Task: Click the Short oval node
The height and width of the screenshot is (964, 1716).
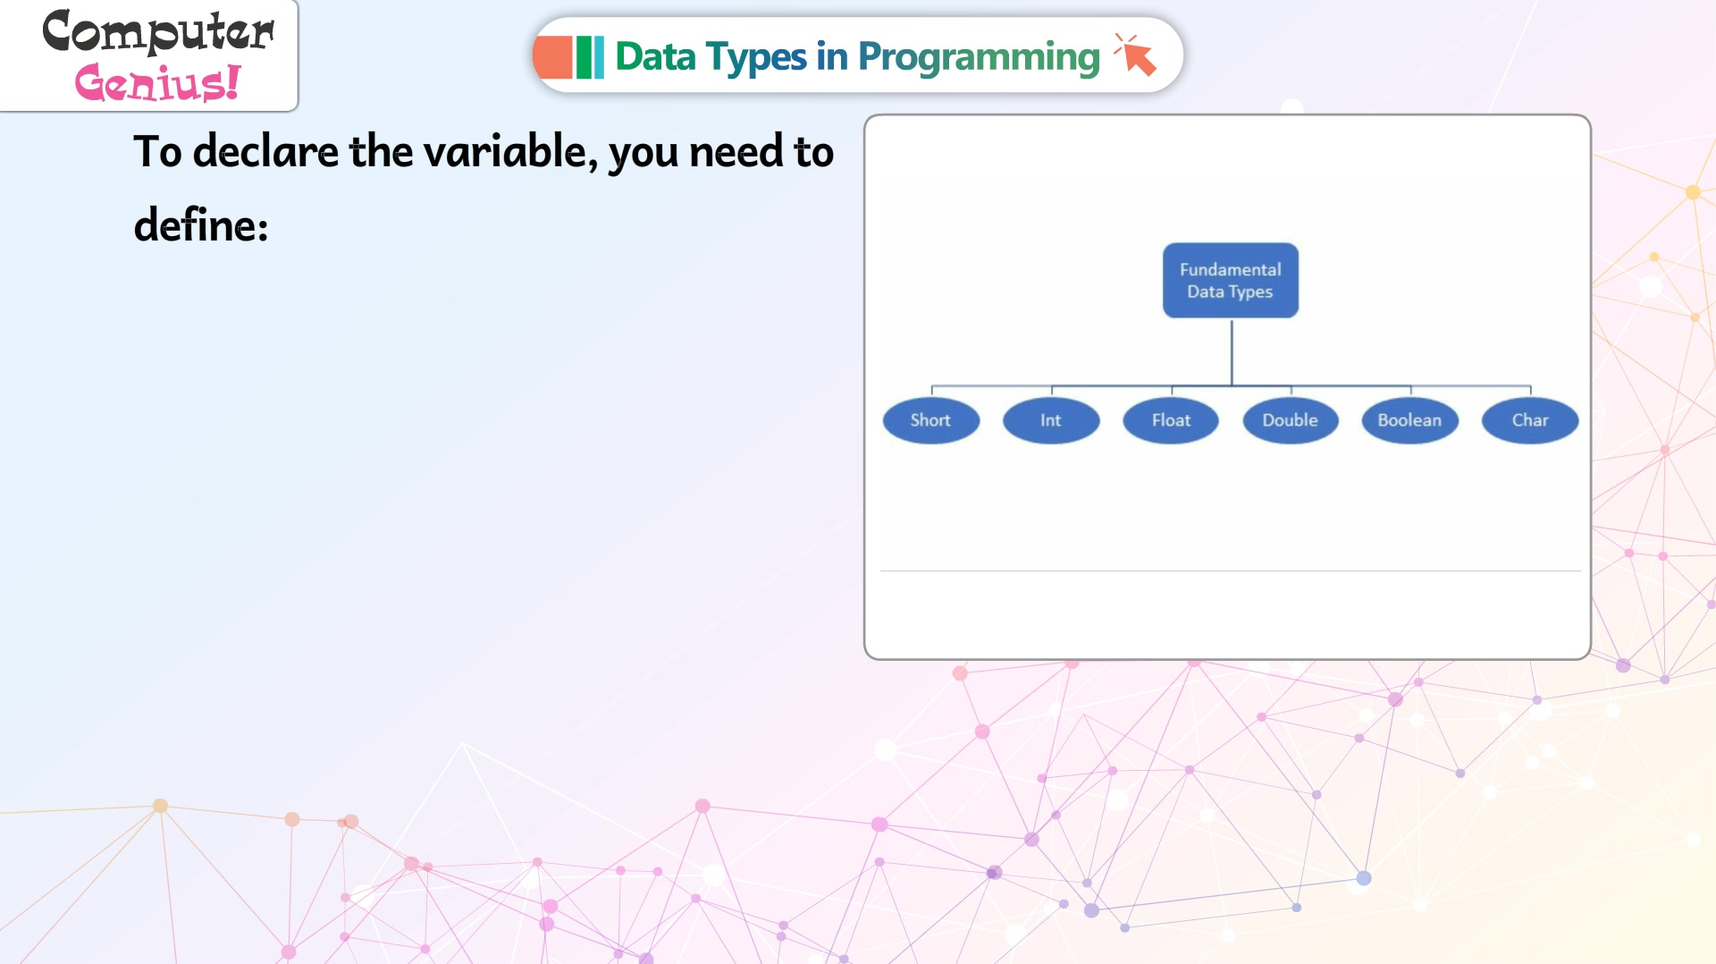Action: [930, 420]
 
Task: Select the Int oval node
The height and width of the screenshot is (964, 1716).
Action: [1051, 420]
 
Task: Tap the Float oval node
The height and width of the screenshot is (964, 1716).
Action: [1171, 420]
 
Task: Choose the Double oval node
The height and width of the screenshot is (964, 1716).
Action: [1291, 420]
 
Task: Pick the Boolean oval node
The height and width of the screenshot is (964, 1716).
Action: [1410, 420]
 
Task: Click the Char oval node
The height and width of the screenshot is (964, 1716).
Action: [1530, 420]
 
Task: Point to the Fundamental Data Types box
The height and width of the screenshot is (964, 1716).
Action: [1231, 280]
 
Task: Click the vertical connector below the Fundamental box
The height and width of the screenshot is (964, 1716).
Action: [1232, 352]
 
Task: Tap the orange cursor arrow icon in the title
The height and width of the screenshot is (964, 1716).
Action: [1136, 55]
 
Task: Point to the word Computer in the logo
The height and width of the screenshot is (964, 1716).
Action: [158, 32]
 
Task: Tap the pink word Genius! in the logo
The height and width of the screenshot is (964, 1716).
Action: [157, 82]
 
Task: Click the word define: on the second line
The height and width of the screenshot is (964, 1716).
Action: [201, 224]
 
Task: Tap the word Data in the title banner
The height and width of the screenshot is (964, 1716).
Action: [655, 57]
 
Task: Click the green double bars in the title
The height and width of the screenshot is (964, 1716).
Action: [590, 57]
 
